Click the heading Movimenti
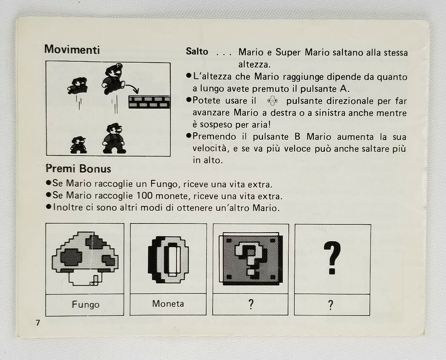(x=72, y=49)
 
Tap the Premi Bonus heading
(x=78, y=169)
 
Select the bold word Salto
(x=197, y=51)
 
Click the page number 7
(x=38, y=323)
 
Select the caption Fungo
(x=85, y=305)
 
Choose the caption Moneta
(x=168, y=304)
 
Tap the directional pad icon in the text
(x=272, y=101)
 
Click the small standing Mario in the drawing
(x=79, y=145)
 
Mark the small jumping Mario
(x=78, y=85)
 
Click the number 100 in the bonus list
(x=144, y=196)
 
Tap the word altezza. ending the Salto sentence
(x=254, y=65)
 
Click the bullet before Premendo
(x=188, y=136)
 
